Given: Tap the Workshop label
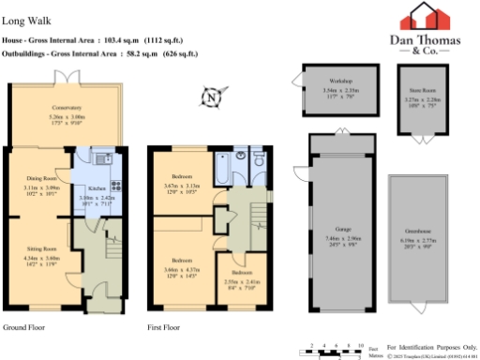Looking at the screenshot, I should tap(339, 82).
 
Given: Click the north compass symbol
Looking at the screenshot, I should tap(215, 95).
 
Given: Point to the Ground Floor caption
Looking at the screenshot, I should tap(25, 328).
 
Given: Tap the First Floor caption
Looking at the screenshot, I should tap(164, 328).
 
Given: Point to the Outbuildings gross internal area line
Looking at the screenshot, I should tap(103, 54).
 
